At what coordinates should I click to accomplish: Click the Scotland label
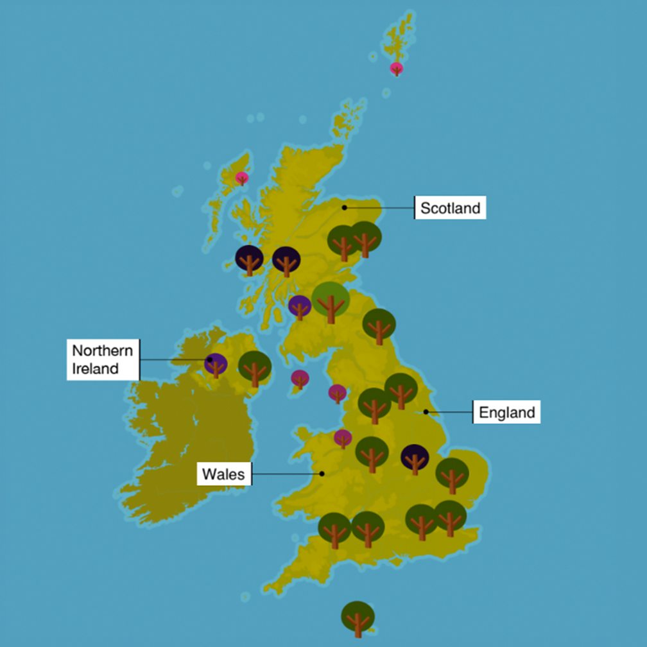click(x=450, y=208)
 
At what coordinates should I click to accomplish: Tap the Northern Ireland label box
click(x=103, y=359)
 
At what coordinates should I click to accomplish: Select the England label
click(x=507, y=412)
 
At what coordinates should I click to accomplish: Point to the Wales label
click(x=224, y=474)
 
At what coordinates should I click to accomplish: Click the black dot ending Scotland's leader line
click(x=345, y=207)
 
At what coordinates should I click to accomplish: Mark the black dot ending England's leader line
click(x=426, y=411)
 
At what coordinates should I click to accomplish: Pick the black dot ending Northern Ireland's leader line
click(x=210, y=359)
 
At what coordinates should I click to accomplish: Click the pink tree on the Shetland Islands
click(x=397, y=68)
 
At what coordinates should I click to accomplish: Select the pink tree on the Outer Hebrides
click(x=242, y=178)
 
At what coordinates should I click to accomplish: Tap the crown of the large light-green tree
click(x=331, y=297)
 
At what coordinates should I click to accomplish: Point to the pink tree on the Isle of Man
click(x=300, y=379)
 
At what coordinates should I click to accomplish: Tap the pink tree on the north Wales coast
click(x=343, y=438)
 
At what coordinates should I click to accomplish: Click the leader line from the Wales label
click(x=286, y=474)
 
